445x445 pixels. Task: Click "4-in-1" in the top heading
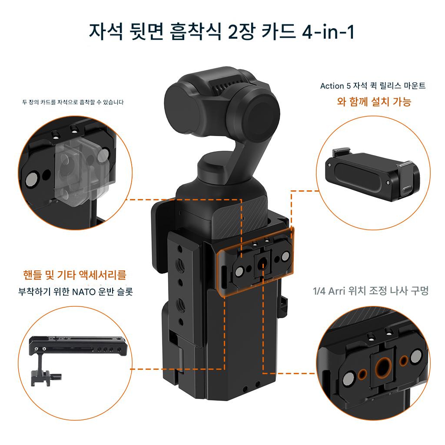coord(328,31)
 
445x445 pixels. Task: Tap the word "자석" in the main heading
coord(106,31)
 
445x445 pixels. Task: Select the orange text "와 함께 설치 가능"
coord(374,101)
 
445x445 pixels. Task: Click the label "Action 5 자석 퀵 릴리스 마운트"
coord(372,86)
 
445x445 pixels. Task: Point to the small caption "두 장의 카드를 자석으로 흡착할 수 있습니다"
coord(73,102)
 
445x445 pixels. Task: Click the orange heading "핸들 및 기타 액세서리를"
coord(75,275)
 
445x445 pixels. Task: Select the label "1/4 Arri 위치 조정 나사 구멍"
coord(371,291)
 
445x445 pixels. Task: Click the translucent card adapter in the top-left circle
coord(82,170)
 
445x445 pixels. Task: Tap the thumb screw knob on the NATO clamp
coord(56,377)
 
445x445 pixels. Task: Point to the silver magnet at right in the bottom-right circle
coord(416,356)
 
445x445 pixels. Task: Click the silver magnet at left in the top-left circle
coord(31,179)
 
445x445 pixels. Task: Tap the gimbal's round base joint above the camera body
coord(216,167)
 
